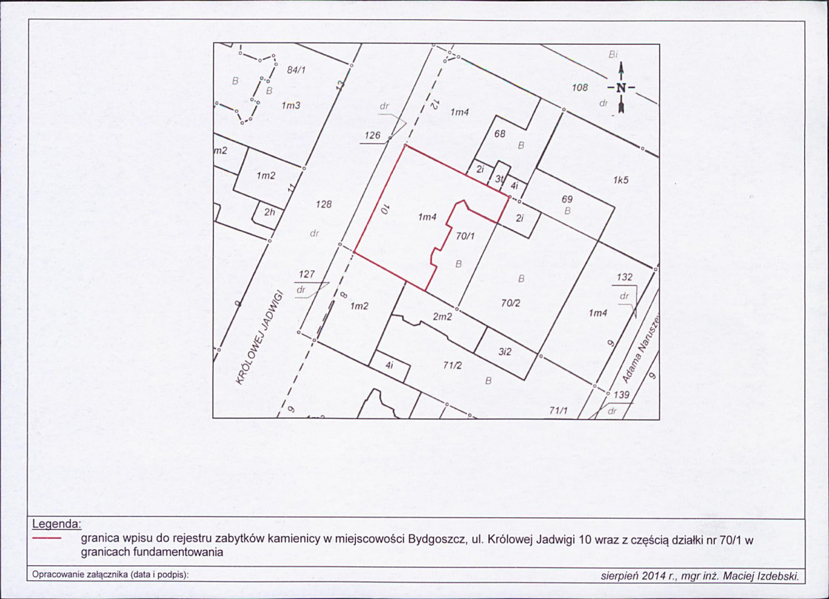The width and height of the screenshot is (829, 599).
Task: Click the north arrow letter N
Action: pos(621,88)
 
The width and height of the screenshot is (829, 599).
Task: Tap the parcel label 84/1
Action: pos(296,70)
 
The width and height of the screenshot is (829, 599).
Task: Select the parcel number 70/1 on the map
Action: pos(465,236)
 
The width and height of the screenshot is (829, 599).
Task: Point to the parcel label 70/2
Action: pos(511,303)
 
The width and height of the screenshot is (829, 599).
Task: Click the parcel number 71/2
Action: pos(452,366)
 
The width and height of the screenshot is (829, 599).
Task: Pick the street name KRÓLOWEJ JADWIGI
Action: pos(260,337)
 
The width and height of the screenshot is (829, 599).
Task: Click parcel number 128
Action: pos(324,204)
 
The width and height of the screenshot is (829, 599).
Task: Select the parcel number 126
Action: pos(372,136)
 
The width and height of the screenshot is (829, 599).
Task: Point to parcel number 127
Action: pos(307,274)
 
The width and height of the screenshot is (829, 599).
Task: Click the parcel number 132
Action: pos(625,277)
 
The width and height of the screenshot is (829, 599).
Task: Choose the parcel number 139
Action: pos(621,395)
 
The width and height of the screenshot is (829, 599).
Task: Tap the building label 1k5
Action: pos(620,180)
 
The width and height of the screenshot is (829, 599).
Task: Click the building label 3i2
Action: pos(505,351)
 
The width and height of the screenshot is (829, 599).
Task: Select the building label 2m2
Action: pos(443,317)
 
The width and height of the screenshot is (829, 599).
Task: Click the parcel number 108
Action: pos(580,87)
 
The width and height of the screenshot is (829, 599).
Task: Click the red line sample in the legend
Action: pos(47,539)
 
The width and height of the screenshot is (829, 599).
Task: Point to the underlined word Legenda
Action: pos(57,524)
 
